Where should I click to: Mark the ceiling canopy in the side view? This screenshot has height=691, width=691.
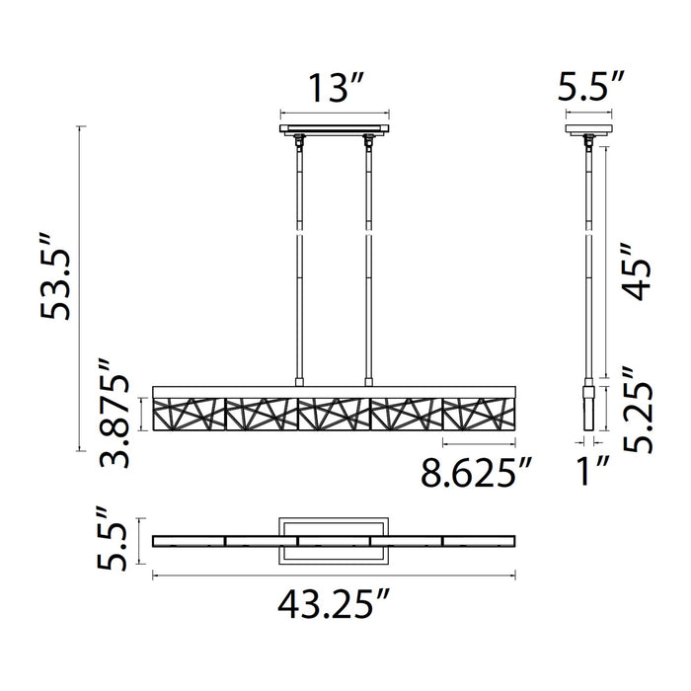coord(586,128)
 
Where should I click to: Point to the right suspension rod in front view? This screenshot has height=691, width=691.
coord(369,257)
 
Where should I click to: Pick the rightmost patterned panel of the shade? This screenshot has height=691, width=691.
coord(479,413)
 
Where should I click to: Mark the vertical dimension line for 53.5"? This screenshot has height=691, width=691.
coord(79,289)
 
